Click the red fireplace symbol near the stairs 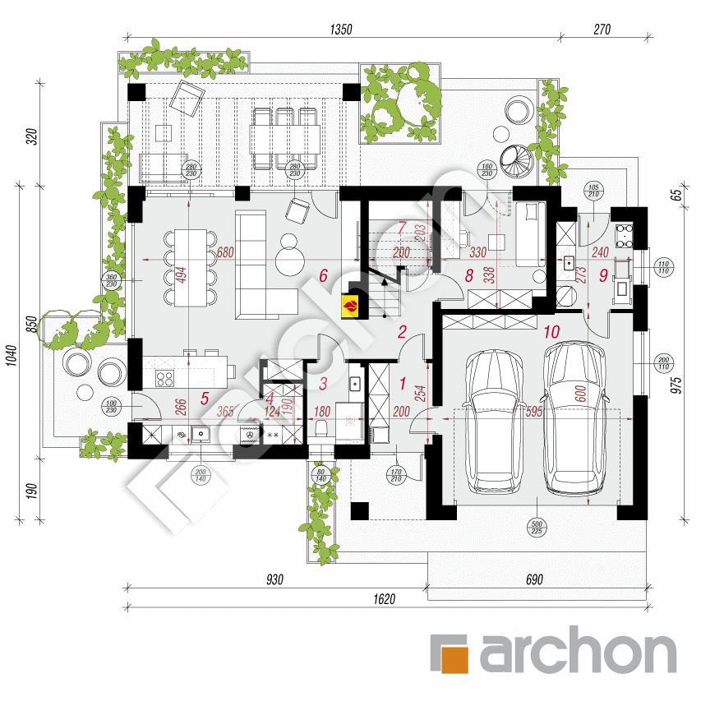351,306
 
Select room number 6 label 324,277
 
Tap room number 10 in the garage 551,332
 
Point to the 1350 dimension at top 340,30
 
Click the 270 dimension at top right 602,30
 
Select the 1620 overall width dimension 384,599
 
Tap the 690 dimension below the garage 534,579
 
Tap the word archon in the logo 575,654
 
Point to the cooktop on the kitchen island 164,379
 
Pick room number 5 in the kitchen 204,399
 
